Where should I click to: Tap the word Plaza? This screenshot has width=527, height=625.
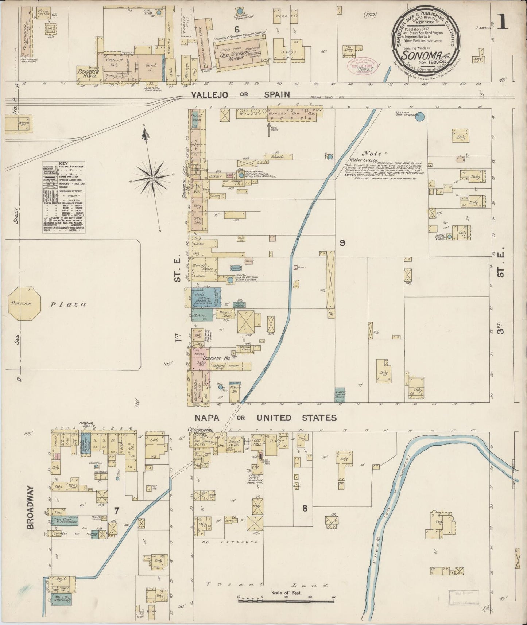tap(68, 304)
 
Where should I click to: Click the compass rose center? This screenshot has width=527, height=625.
tap(151, 178)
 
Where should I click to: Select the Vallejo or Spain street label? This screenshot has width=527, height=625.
tap(241, 95)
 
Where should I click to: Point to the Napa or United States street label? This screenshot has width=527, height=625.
tap(265, 418)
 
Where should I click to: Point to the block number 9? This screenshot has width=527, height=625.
tap(342, 243)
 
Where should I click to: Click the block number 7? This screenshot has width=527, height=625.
tap(116, 510)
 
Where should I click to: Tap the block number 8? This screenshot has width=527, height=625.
tap(305, 508)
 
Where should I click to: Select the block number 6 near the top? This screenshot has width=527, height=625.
tap(237, 29)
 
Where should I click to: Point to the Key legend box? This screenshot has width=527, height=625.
tap(63, 197)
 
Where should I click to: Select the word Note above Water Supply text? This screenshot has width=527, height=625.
tap(372, 154)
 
